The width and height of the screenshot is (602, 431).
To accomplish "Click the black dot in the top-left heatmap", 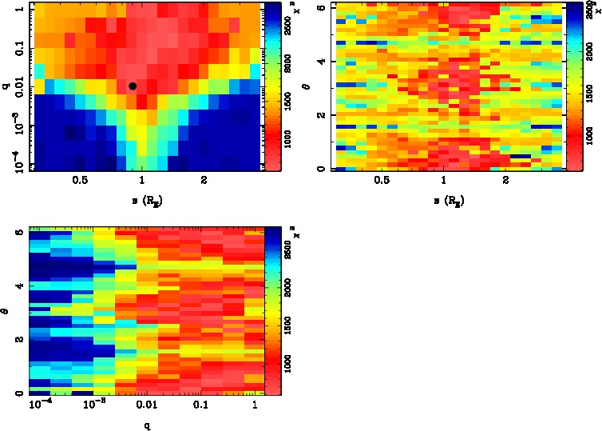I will point(133,86).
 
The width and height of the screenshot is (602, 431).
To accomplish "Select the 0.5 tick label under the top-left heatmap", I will point(80,181).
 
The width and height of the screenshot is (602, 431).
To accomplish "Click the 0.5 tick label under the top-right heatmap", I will point(382,181).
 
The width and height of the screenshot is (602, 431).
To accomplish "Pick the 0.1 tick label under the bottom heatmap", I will point(200,408).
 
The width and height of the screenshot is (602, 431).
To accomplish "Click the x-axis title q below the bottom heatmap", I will point(148,426).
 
